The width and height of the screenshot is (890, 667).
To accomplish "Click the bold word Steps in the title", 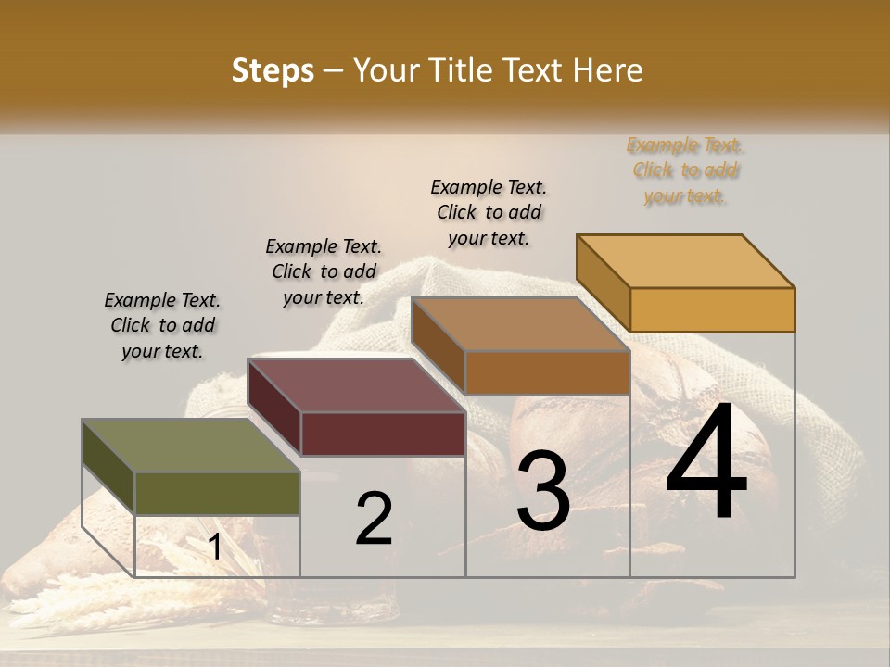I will pyautogui.click(x=273, y=70).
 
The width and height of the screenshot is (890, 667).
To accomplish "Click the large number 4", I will pyautogui.click(x=706, y=462).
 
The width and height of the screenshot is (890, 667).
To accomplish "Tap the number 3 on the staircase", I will pyautogui.click(x=543, y=491).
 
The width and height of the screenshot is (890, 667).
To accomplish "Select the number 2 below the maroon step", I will pyautogui.click(x=374, y=518).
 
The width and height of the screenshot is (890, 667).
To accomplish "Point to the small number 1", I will pyautogui.click(x=214, y=547).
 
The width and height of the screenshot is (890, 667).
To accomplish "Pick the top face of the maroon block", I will pyautogui.click(x=356, y=384).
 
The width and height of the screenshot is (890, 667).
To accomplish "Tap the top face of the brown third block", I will pyautogui.click(x=520, y=324).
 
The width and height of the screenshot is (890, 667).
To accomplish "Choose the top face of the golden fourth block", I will pyautogui.click(x=685, y=260).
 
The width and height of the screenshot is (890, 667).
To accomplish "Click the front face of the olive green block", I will pyautogui.click(x=217, y=493).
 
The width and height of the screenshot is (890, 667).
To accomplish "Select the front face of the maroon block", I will pyautogui.click(x=383, y=434).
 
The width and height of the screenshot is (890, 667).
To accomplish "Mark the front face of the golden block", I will pyautogui.click(x=712, y=309).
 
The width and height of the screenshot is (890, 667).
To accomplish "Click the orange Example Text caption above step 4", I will pyautogui.click(x=685, y=170).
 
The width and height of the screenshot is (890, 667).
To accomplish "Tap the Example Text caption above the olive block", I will pyautogui.click(x=162, y=325).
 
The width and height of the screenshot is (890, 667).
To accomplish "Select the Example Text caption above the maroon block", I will pyautogui.click(x=324, y=271).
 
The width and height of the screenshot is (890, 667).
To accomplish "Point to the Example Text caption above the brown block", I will pyautogui.click(x=489, y=212).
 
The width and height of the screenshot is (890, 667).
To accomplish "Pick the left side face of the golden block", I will pyautogui.click(x=603, y=283).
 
